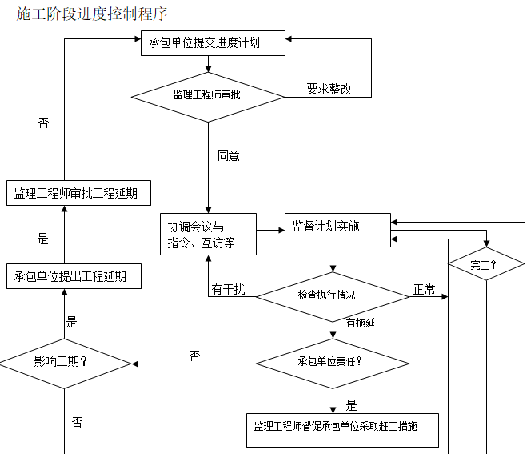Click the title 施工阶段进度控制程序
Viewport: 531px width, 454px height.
click(92, 14)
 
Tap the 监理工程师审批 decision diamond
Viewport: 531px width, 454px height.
click(208, 95)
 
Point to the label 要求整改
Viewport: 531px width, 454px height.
click(329, 90)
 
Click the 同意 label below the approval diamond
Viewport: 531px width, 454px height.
click(229, 155)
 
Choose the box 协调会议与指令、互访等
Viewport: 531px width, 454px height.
click(208, 234)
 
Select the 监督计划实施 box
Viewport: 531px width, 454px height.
click(337, 227)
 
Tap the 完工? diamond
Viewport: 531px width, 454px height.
click(485, 264)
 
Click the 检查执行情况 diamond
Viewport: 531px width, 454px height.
click(332, 295)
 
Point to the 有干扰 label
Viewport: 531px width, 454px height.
click(229, 290)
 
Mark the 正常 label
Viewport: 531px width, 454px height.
click(424, 290)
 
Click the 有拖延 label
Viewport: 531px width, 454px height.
click(360, 323)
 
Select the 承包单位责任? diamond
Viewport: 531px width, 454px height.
click(332, 361)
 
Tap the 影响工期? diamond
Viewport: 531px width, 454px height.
click(65, 361)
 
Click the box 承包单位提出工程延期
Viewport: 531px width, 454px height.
click(76, 277)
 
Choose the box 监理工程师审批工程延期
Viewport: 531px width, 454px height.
click(76, 194)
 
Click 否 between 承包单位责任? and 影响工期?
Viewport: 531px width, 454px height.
click(194, 356)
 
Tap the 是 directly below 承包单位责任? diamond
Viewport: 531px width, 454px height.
click(352, 405)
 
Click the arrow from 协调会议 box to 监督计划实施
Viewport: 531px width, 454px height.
click(271, 230)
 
